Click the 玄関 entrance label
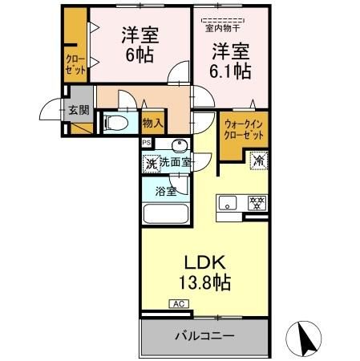click(x=78, y=110)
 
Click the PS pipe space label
click(x=146, y=143)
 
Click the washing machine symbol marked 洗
click(x=150, y=164)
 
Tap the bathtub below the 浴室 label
click(x=164, y=216)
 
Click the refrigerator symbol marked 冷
click(x=259, y=160)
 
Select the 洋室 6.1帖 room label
click(x=232, y=60)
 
